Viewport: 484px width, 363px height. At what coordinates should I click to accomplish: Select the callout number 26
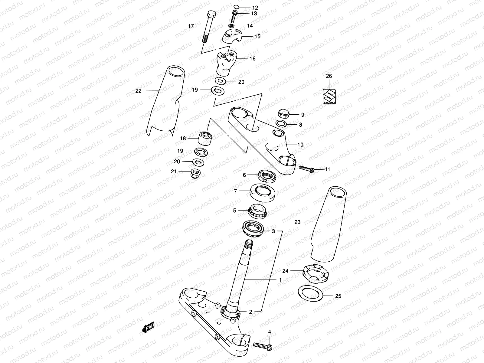[x=329, y=76]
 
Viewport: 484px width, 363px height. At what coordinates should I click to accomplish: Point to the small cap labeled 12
[x=237, y=7]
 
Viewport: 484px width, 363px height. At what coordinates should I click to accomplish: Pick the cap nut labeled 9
[x=284, y=114]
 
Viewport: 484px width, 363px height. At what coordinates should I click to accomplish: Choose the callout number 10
[x=300, y=145]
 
